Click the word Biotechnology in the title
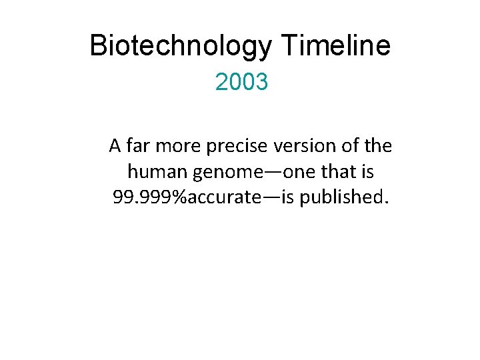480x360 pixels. click(180, 46)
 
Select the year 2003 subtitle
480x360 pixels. click(241, 83)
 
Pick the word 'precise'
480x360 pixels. click(238, 145)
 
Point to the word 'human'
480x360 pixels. click(157, 172)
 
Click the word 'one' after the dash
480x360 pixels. click(299, 172)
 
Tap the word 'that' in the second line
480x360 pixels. click(339, 172)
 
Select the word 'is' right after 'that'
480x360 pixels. click(367, 172)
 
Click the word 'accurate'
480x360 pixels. click(221, 198)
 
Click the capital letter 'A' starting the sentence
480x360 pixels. click(115, 145)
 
